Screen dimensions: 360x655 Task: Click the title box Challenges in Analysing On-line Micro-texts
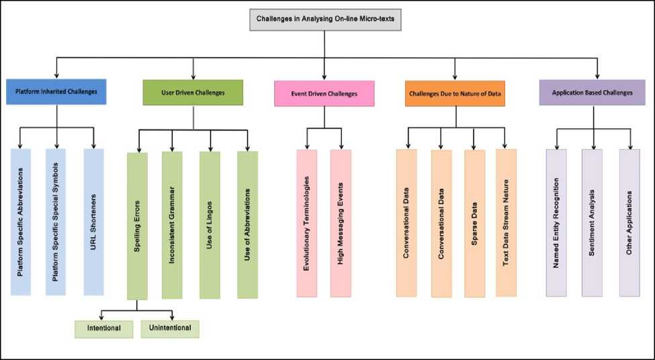[325, 19]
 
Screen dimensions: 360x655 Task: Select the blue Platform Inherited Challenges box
[56, 92]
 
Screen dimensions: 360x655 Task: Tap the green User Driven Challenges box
[193, 92]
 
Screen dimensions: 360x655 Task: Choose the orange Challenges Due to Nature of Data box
[455, 93]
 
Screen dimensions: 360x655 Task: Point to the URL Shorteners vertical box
[93, 222]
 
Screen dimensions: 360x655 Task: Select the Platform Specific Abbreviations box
[21, 222]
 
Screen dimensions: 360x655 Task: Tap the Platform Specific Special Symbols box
[56, 222]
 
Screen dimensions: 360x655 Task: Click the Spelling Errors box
[137, 226]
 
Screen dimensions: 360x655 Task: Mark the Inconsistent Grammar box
[172, 224]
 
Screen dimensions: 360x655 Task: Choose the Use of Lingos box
[210, 224]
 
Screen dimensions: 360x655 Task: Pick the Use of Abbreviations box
[247, 224]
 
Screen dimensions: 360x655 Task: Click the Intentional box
[104, 328]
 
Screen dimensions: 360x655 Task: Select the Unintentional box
[170, 328]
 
